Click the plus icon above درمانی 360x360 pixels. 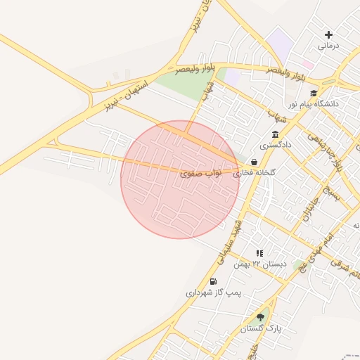pyautogui.click(x=328, y=34)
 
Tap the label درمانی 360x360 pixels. pyautogui.click(x=328, y=46)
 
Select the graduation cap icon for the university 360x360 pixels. pyautogui.click(x=314, y=93)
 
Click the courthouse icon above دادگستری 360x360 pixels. pyautogui.click(x=275, y=135)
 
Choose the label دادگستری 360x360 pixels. pyautogui.click(x=275, y=146)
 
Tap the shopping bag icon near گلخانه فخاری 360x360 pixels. pyautogui.click(x=253, y=162)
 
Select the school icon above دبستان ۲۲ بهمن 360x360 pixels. pyautogui.click(x=259, y=253)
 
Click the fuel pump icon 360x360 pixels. pyautogui.click(x=213, y=281)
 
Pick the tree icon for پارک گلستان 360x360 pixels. pyautogui.click(x=260, y=317)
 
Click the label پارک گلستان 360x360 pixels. pyautogui.click(x=261, y=328)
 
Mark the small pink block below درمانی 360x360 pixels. pyautogui.click(x=308, y=64)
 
